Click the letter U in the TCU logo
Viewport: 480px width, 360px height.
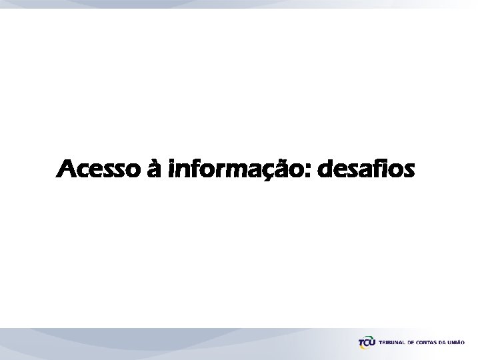pyautogui.click(x=372, y=342)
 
